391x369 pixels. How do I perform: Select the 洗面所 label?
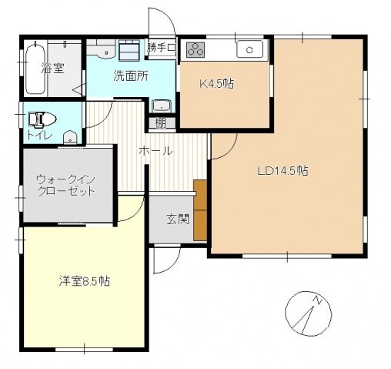pos(130,75)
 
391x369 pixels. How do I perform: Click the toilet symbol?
pos(40,119)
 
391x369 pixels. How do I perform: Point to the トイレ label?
pos(37,136)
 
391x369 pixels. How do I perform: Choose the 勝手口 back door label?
pos(162,49)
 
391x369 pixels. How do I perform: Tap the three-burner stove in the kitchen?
pos(195,49)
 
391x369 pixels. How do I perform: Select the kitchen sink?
pos(251,50)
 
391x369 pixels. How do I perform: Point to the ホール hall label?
pos(155,152)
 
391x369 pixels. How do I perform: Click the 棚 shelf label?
pos(160,122)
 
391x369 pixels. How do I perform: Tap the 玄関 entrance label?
pos(178,219)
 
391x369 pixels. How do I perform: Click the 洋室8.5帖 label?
pos(84,281)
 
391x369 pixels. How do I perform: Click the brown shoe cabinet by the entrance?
pos(202,210)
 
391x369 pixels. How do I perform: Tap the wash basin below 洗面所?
pos(162,106)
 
